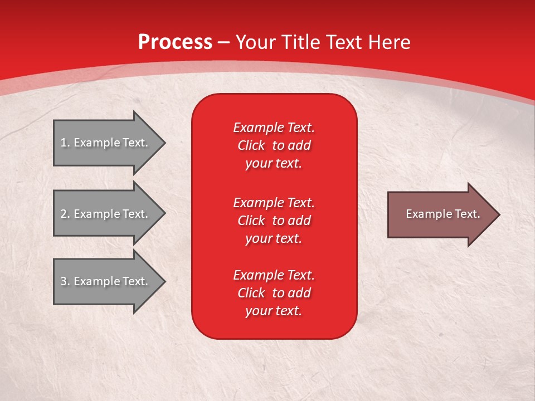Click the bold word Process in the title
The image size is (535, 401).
[175, 42]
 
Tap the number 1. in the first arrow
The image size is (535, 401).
[65, 143]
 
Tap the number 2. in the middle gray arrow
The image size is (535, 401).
[65, 214]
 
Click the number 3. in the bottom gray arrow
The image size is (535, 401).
[65, 281]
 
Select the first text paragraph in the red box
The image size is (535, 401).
[274, 145]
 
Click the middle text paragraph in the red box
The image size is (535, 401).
[274, 220]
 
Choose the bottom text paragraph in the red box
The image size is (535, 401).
[274, 293]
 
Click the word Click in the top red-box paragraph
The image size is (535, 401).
[251, 145]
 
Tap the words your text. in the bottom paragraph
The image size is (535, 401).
[274, 311]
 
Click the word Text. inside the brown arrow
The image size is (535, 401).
[465, 214]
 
